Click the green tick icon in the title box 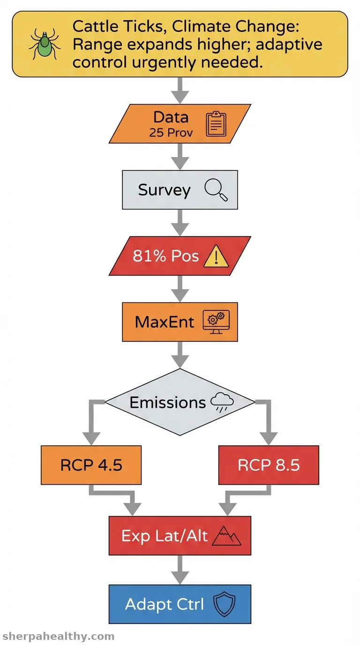(45, 44)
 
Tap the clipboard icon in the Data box (216, 124)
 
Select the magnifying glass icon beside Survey (216, 190)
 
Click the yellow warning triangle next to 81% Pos (216, 256)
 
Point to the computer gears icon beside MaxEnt (216, 322)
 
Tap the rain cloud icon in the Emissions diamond (222, 402)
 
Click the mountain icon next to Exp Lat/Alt (226, 536)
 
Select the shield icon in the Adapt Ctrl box (225, 604)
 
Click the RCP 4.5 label (91, 465)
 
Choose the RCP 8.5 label (269, 465)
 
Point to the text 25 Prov (171, 133)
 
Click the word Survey (165, 190)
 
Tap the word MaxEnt (165, 322)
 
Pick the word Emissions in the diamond (168, 403)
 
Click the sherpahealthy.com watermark (58, 637)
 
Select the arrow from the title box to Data (180, 90)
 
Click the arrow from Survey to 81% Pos (180, 223)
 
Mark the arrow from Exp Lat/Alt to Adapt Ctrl (180, 570)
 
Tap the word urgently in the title (164, 62)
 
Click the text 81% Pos (165, 255)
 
